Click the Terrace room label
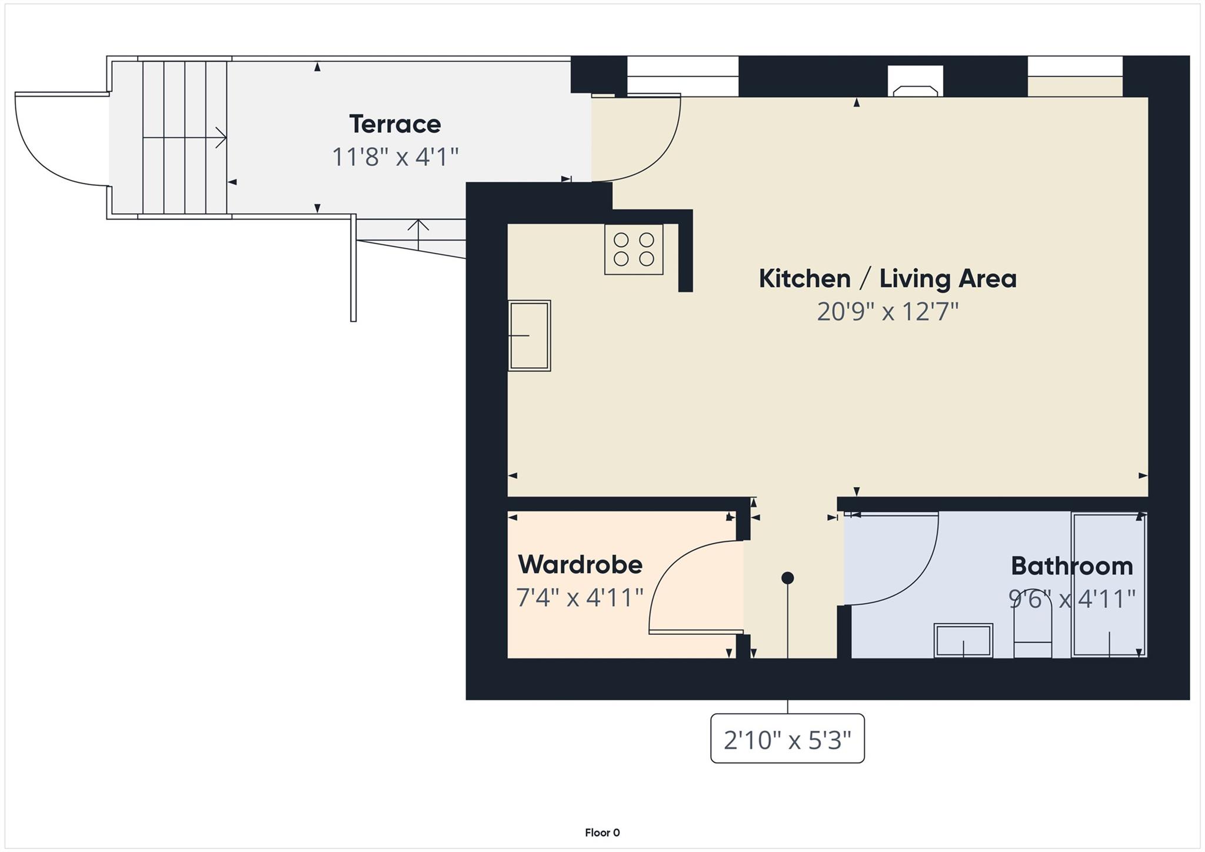tap(395, 124)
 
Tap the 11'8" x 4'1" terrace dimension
tap(395, 157)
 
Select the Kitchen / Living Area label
tap(887, 278)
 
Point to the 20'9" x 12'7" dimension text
tap(887, 311)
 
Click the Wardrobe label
tap(580, 565)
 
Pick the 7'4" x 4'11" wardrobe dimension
tap(580, 598)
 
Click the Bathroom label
tap(1071, 566)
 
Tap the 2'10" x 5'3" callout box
tap(787, 739)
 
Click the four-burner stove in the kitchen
tap(634, 249)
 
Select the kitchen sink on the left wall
tap(529, 335)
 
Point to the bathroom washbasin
tap(963, 640)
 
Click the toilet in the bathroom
tap(1033, 633)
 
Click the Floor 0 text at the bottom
tap(602, 833)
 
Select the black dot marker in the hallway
tap(787, 578)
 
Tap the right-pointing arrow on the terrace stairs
tap(220, 138)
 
